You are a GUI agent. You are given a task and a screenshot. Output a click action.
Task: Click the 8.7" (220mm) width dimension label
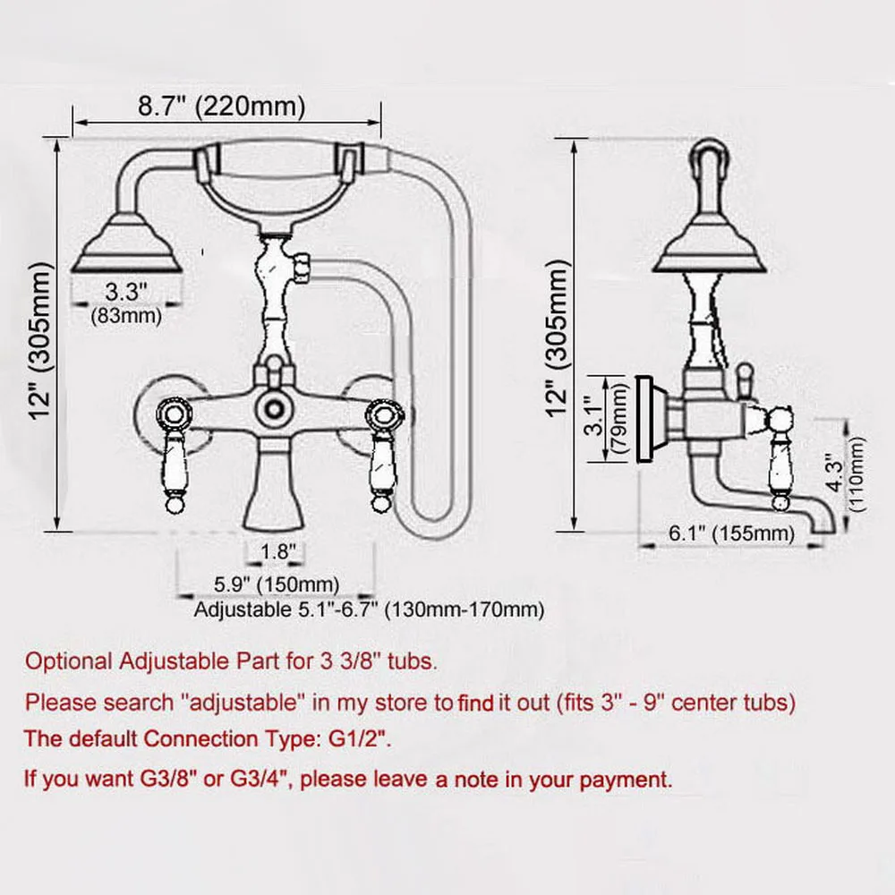[x=221, y=107]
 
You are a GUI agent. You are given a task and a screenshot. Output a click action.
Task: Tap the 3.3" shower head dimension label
[x=125, y=292]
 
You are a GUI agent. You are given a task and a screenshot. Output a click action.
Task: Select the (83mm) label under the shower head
[x=125, y=314]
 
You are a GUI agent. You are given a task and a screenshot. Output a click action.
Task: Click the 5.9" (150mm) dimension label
[x=277, y=584]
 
